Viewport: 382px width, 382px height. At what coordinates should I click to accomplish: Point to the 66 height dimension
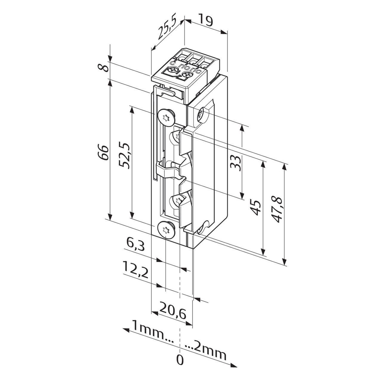click(x=103, y=153)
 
